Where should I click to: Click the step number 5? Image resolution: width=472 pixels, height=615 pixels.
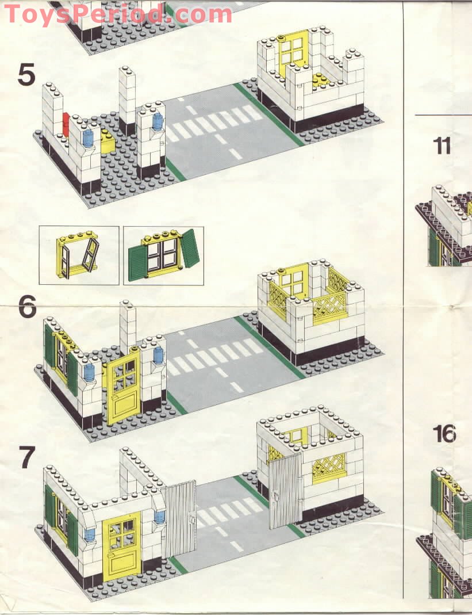pos(26,75)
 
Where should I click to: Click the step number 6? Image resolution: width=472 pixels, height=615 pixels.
pos(27,307)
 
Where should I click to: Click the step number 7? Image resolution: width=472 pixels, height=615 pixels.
pos(26,458)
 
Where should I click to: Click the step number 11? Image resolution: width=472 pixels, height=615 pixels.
pos(442,146)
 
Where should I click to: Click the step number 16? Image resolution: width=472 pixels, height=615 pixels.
pos(444,434)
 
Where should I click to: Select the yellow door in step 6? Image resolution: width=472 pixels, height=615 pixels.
pos(123,387)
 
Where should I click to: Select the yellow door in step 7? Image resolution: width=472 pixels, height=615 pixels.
pos(122,544)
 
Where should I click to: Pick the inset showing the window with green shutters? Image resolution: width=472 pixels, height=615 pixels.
pos(164,255)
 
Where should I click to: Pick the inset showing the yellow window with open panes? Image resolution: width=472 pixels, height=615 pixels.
pos(79,255)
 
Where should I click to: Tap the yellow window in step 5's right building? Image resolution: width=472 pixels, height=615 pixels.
pos(293,53)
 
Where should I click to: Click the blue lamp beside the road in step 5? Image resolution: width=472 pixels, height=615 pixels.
pos(158,121)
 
